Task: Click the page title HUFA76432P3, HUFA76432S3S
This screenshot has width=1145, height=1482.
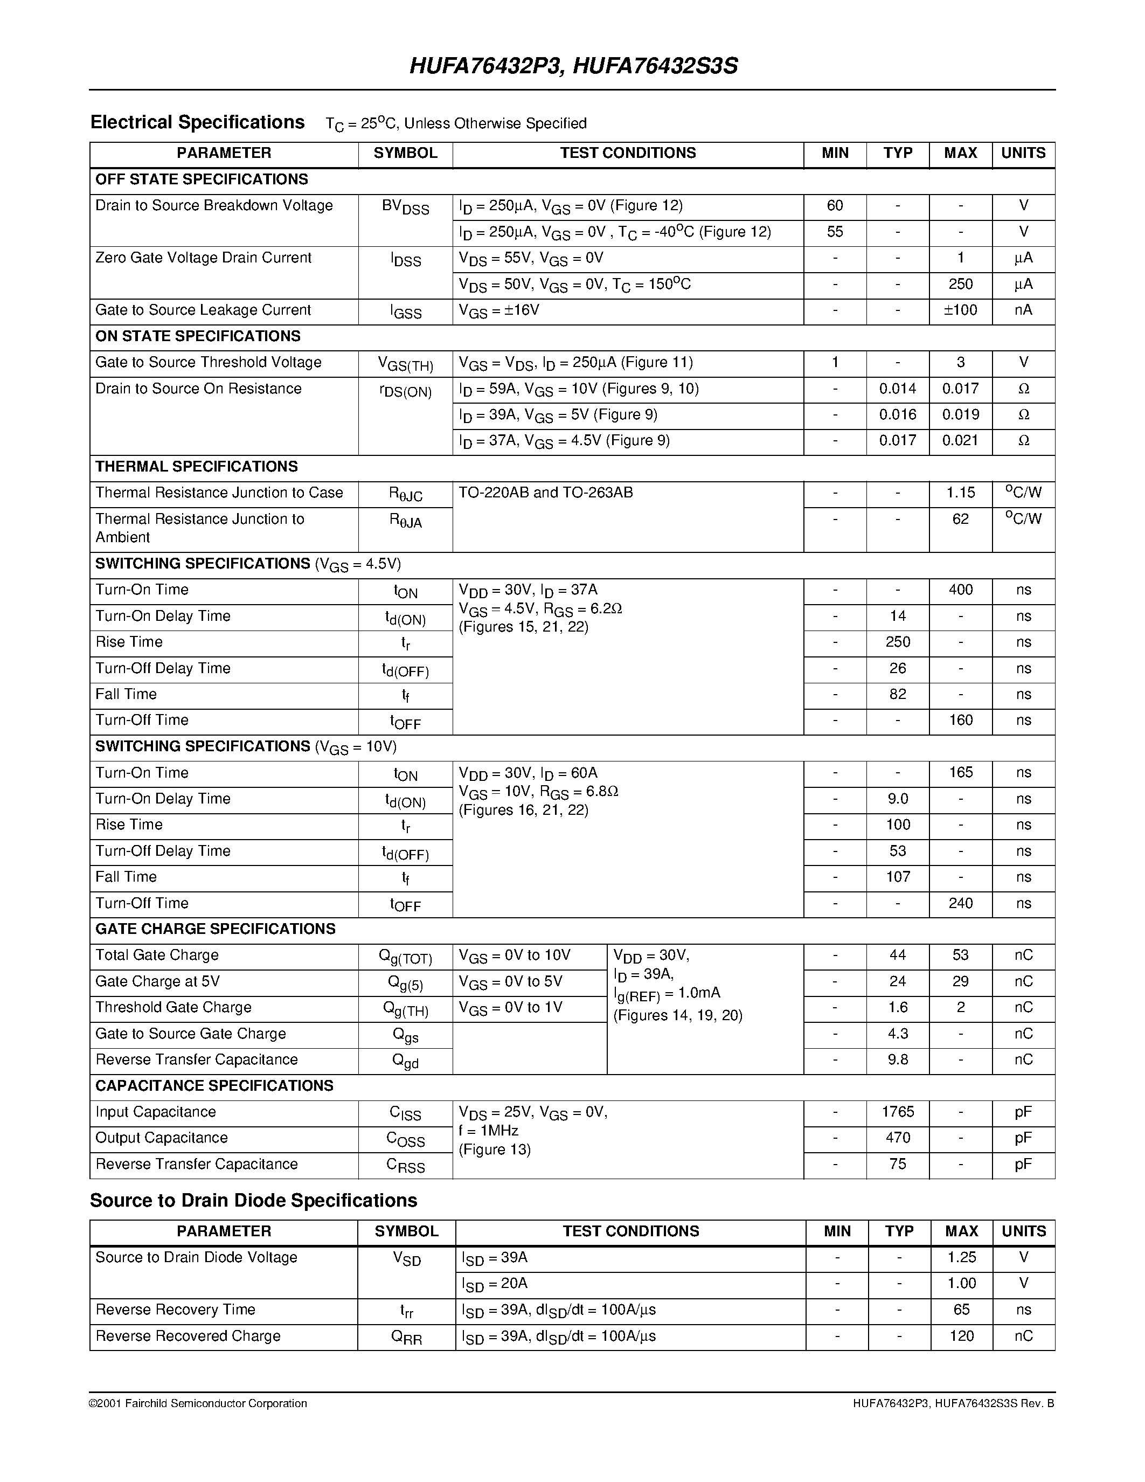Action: [x=573, y=66]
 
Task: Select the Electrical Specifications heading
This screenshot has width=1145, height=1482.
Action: [x=197, y=122]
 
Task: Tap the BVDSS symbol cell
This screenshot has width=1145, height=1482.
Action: [x=406, y=207]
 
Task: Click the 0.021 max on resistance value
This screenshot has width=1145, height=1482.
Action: [x=961, y=440]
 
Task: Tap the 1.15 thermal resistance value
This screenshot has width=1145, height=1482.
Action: [x=961, y=493]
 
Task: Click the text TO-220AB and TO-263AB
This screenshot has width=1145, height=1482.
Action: [x=545, y=493]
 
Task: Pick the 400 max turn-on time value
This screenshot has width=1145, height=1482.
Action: [x=961, y=590]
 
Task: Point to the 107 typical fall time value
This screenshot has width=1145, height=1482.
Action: [x=898, y=877]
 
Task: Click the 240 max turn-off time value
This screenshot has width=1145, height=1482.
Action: [x=961, y=903]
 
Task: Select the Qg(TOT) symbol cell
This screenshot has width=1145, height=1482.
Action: [x=406, y=957]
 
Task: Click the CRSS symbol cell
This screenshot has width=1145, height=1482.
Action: [x=406, y=1165]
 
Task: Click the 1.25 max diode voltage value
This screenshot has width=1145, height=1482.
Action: [x=961, y=1257]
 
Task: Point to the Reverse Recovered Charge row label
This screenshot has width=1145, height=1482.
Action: [x=188, y=1335]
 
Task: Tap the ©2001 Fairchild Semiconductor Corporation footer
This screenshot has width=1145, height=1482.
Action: [x=198, y=1403]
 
